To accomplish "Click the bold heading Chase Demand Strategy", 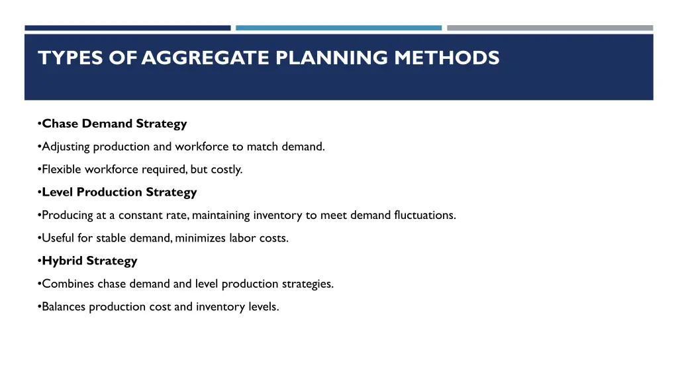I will (115, 124).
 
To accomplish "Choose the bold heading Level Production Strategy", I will (119, 192).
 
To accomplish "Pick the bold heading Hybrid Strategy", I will (89, 261).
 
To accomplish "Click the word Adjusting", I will (66, 147).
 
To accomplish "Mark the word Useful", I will (57, 238).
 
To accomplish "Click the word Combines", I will (68, 284).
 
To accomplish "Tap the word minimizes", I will (199, 238).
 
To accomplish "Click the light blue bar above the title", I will (338, 28).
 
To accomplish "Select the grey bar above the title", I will (550, 28).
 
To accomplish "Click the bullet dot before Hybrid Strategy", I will (40, 261).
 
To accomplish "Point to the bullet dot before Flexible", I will (40, 169).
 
